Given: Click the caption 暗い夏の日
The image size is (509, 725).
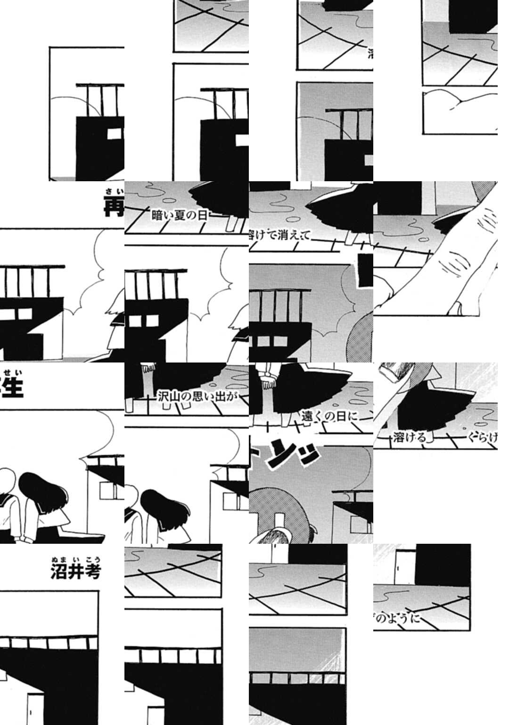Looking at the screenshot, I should pos(179,216).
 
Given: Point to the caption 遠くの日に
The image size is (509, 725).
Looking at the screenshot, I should pos(330,416).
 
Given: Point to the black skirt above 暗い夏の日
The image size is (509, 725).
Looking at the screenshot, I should pos(217,198).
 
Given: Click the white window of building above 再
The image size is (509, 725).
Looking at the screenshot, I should pos(114,134).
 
